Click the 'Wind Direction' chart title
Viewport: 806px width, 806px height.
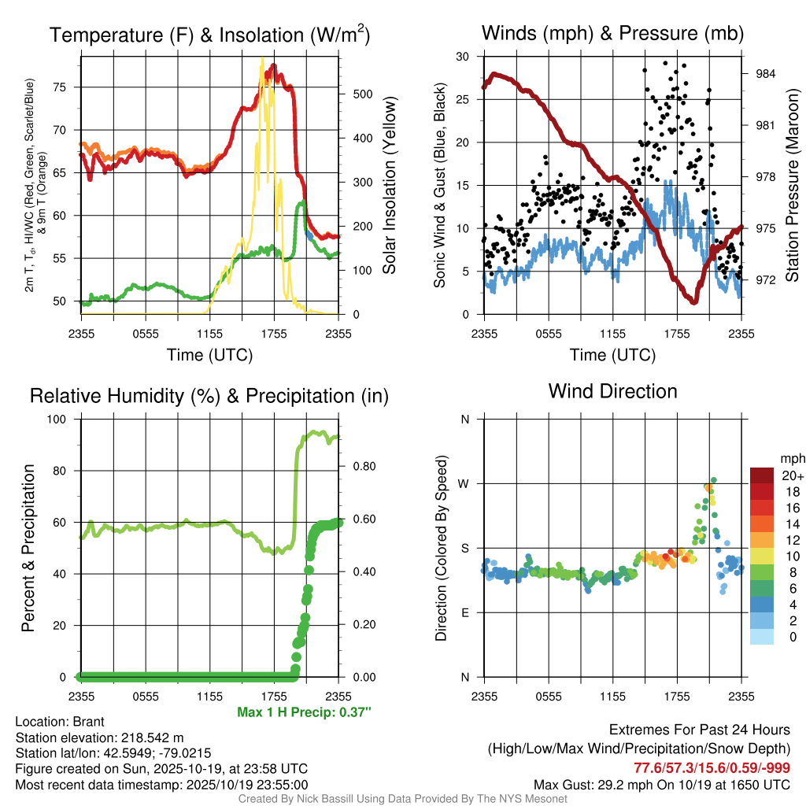[x=612, y=391]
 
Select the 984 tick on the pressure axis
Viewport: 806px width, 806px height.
[x=766, y=74]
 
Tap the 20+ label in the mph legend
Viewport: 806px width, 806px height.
[x=792, y=476]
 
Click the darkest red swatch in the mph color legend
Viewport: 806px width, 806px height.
[x=761, y=475]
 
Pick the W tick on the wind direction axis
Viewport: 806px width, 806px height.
[x=464, y=483]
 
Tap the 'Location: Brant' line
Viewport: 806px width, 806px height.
[x=60, y=722]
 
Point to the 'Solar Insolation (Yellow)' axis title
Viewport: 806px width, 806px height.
[x=389, y=186]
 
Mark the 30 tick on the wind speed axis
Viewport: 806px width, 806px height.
[x=463, y=57]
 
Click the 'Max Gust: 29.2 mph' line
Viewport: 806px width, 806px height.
[x=661, y=784]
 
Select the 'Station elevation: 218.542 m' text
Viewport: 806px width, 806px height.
[x=99, y=738]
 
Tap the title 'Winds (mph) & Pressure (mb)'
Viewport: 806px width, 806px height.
[x=612, y=33]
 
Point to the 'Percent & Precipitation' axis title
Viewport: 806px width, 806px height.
[x=28, y=548]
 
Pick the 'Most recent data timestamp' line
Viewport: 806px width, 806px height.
[x=161, y=784]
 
